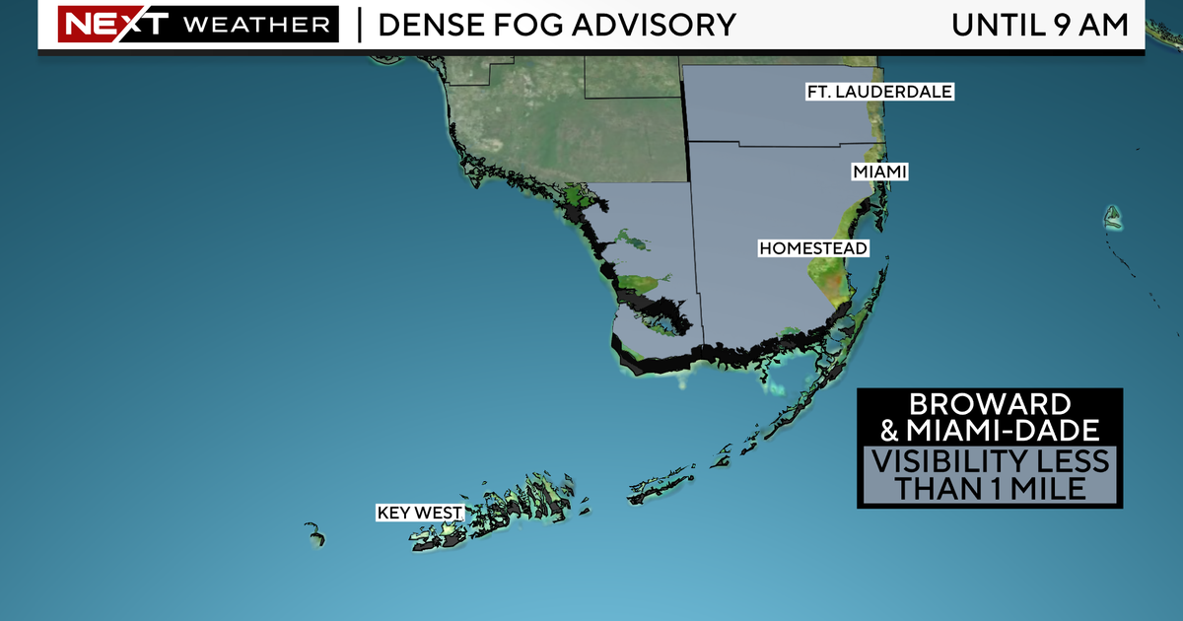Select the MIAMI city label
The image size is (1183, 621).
point(879,172)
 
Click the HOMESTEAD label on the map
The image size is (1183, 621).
point(812,248)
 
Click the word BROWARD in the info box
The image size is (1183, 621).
point(989,405)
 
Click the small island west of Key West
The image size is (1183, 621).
point(314,535)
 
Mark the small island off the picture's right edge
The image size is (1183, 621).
point(1113,217)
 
